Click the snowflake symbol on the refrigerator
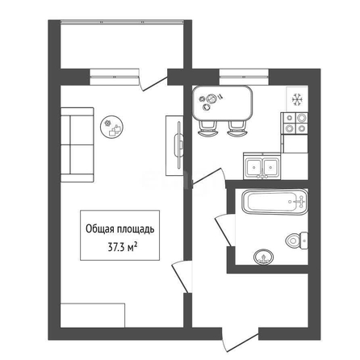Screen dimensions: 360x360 (x=298, y=99)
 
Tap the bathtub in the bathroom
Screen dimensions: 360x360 (x=275, y=202)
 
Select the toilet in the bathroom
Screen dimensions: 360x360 (x=297, y=241)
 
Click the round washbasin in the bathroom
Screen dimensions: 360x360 (x=263, y=257)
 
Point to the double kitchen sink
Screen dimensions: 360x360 (x=262, y=166)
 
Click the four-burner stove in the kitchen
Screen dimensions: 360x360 (x=295, y=123)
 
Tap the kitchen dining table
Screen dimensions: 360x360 (x=223, y=103)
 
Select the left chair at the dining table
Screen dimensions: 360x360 (x=207, y=128)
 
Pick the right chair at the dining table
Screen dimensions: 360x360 (x=237, y=128)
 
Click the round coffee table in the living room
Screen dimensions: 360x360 (x=111, y=127)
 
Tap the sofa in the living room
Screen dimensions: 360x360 (x=77, y=144)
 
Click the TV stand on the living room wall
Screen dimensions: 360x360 (x=174, y=145)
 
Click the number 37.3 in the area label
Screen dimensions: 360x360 (x=116, y=247)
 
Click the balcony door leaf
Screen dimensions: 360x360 (x=155, y=84)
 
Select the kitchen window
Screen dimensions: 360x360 (x=244, y=77)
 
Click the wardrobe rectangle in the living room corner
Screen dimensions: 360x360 (x=93, y=316)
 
